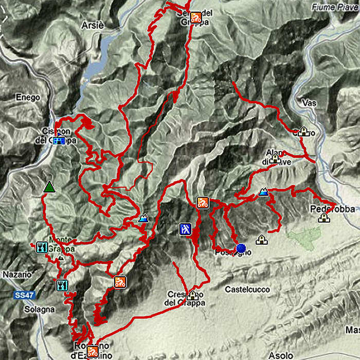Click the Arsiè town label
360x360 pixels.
92,25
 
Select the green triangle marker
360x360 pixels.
49,187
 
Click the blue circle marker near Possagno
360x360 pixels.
241,248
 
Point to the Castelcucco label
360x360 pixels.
247,290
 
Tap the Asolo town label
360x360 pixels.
281,355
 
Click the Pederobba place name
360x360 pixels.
326,209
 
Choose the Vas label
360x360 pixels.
310,103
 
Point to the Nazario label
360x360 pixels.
17,275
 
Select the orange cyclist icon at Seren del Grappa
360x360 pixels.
195,17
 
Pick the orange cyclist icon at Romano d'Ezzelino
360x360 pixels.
93,352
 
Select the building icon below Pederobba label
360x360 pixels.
323,218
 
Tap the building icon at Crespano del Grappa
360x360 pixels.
193,295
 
